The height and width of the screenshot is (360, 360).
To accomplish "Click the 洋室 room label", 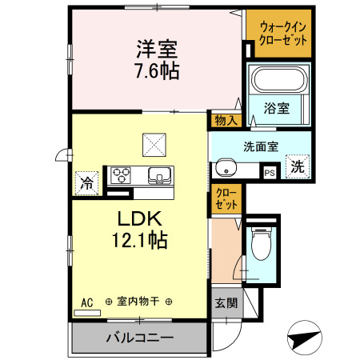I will [155, 49].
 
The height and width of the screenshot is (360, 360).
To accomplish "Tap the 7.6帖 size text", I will [155, 70].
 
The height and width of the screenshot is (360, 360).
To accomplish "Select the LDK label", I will [141, 218].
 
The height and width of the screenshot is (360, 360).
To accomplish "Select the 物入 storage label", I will [226, 120].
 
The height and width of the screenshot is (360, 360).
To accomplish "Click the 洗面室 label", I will [260, 146].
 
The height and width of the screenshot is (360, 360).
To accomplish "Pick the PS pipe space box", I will [270, 170].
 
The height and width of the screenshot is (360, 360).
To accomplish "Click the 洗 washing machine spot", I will [297, 168].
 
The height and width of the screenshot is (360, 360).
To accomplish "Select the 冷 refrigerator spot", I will [86, 182].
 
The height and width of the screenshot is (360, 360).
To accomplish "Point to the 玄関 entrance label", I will [226, 303].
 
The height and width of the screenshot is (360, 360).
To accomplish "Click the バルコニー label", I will [140, 338].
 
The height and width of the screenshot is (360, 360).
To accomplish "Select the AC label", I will [86, 301].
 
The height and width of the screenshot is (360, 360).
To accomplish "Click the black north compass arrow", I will [305, 336].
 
